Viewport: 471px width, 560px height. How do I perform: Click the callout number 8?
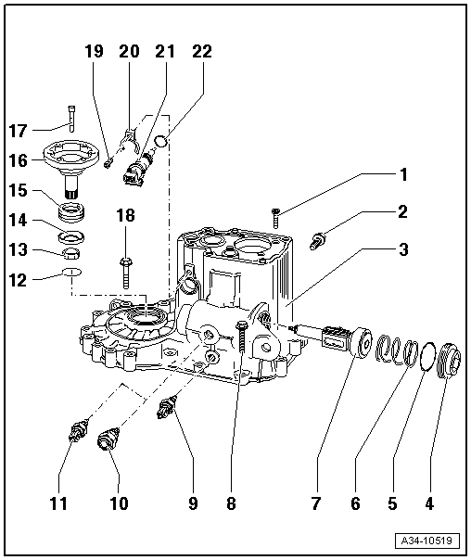tap(230, 504)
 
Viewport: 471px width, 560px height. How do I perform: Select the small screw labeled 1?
tap(276, 217)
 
